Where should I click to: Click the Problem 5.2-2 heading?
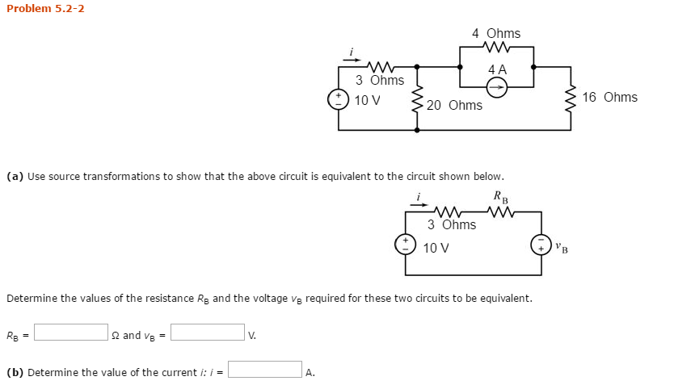[45, 9]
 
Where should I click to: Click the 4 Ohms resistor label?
[496, 33]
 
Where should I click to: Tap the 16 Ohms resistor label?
[609, 97]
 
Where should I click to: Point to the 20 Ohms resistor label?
[454, 105]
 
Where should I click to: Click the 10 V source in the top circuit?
[338, 100]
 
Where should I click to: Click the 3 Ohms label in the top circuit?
[380, 80]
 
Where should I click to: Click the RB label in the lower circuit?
[501, 197]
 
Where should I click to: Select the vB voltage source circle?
[541, 244]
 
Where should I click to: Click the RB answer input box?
[71, 333]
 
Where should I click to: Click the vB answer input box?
[208, 333]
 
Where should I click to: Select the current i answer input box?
[265, 370]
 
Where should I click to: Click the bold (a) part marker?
[15, 176]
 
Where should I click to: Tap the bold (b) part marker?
[15, 372]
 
